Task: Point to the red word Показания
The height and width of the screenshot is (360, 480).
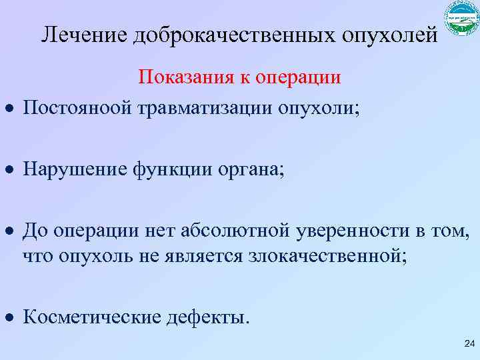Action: (183, 78)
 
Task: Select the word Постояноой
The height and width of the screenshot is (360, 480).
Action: (78, 107)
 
